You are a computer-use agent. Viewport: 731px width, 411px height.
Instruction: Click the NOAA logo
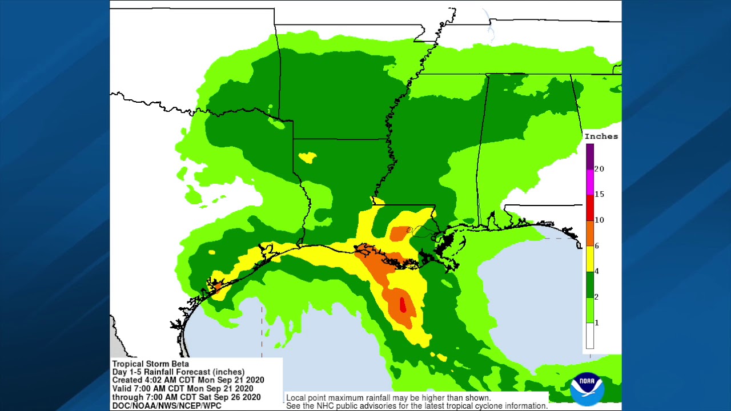click(x=587, y=389)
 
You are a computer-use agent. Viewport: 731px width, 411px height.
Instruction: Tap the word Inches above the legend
click(x=601, y=136)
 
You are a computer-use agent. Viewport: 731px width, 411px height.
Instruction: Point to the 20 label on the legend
click(x=599, y=169)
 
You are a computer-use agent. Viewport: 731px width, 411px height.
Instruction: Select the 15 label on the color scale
click(x=599, y=194)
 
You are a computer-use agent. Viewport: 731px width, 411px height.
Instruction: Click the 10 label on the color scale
click(x=599, y=220)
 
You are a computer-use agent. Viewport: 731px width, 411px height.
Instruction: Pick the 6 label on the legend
click(x=597, y=245)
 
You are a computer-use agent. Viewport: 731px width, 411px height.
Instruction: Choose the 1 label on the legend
click(x=597, y=323)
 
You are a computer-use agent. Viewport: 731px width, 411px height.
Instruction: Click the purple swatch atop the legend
click(x=590, y=156)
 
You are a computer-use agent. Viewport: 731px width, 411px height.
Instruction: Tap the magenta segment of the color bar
click(x=590, y=182)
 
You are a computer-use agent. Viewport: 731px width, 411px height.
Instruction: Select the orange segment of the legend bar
click(x=590, y=233)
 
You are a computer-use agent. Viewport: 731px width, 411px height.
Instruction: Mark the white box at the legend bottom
click(x=590, y=336)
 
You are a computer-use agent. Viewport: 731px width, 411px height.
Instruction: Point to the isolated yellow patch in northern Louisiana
click(x=308, y=157)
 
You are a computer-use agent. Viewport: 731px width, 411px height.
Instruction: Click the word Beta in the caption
click(x=180, y=364)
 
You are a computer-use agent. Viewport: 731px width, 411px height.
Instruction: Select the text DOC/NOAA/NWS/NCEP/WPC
click(x=166, y=405)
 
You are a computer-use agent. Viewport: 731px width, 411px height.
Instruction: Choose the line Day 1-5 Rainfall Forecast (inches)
click(x=178, y=372)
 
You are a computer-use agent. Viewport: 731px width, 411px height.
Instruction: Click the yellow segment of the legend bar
click(x=590, y=259)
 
